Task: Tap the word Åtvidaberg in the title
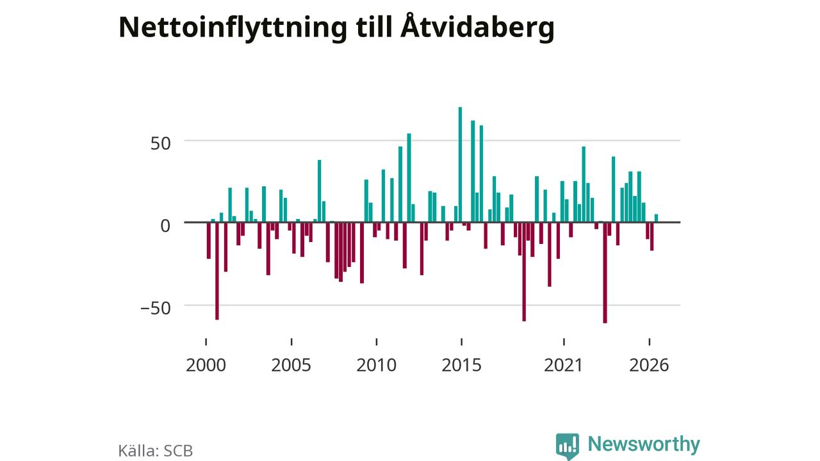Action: point(477,27)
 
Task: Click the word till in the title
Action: point(373,27)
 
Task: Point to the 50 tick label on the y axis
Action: point(160,143)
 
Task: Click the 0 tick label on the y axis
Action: point(165,226)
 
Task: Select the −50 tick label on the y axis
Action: point(156,308)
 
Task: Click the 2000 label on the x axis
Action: point(206,365)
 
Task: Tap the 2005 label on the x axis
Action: point(291,365)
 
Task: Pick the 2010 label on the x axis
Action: point(376,365)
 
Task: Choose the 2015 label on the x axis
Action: point(461,365)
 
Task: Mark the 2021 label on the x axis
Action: point(563,365)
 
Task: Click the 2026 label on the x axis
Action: point(649,365)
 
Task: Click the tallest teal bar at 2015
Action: point(460,165)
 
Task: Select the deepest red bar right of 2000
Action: point(217,271)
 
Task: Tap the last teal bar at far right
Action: point(656,218)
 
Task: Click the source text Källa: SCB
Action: point(156,450)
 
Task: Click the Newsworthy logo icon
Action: point(568,446)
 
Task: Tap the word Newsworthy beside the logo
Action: point(644,444)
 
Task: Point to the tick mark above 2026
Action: point(650,342)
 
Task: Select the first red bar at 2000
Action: point(209,241)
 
